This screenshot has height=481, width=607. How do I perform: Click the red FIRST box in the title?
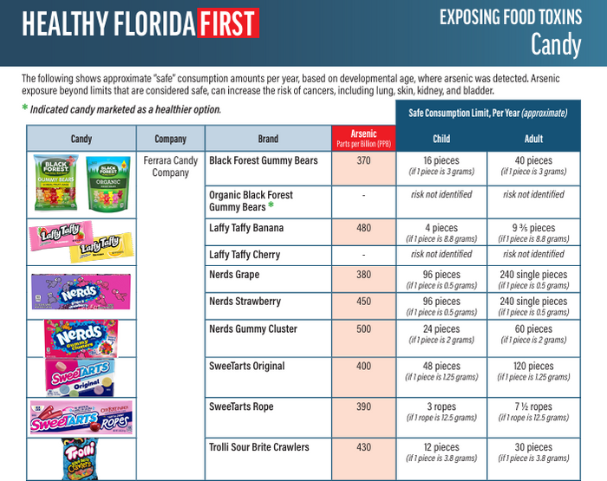228,24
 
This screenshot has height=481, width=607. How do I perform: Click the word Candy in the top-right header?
556,44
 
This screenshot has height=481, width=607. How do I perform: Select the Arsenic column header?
363,138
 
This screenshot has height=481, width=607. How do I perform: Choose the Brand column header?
268,139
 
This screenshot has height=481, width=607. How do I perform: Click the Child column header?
441,139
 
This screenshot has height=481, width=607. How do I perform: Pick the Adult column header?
533,139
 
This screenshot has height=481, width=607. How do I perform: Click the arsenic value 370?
363,161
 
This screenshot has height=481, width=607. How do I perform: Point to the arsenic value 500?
363,329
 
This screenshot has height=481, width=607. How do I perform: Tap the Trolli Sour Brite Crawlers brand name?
258,447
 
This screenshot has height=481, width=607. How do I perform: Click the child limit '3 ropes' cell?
441,406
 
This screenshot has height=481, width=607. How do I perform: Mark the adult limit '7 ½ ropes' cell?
533,406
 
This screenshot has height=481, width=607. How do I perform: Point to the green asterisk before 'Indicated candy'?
24,110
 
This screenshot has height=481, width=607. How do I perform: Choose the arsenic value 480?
363,229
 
